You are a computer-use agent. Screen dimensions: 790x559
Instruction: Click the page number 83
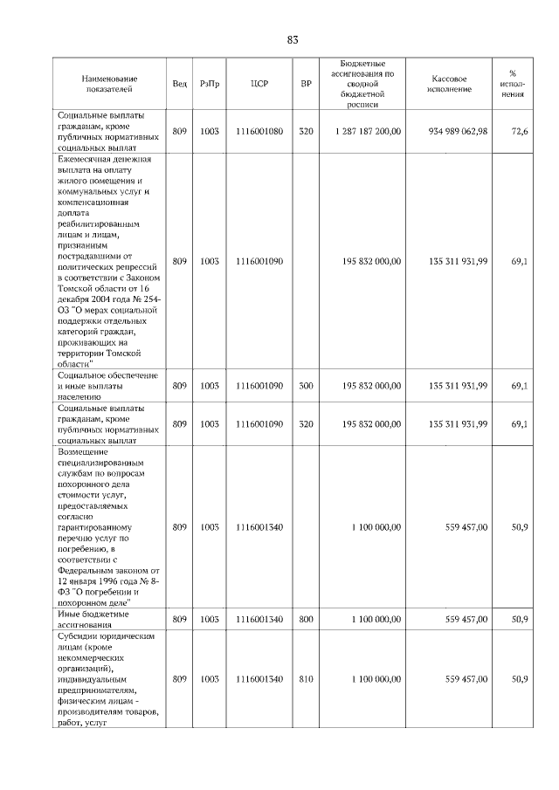coord(292,39)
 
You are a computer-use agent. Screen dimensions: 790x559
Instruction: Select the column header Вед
coord(179,84)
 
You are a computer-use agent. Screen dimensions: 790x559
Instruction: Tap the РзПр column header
coord(210,84)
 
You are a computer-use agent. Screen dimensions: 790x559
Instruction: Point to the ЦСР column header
coord(259,84)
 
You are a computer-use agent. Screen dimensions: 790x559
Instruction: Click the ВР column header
coord(306,84)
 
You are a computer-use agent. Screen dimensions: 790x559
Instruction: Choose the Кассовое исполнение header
coord(450,84)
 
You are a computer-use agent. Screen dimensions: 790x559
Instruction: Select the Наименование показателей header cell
coord(109,84)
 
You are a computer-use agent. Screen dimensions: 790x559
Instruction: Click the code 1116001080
coord(259,132)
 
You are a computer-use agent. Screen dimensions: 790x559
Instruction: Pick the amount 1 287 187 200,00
coord(367,132)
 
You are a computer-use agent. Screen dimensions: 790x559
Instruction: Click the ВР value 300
coord(306,385)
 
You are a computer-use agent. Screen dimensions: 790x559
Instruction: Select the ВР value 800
coord(306,619)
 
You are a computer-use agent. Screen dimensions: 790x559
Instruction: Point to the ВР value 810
coord(306,678)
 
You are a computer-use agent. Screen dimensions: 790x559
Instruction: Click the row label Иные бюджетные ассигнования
coord(93,619)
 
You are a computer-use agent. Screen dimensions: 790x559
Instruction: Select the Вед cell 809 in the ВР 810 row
coord(179,678)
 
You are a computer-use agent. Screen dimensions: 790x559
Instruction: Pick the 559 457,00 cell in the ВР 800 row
coord(466,619)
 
